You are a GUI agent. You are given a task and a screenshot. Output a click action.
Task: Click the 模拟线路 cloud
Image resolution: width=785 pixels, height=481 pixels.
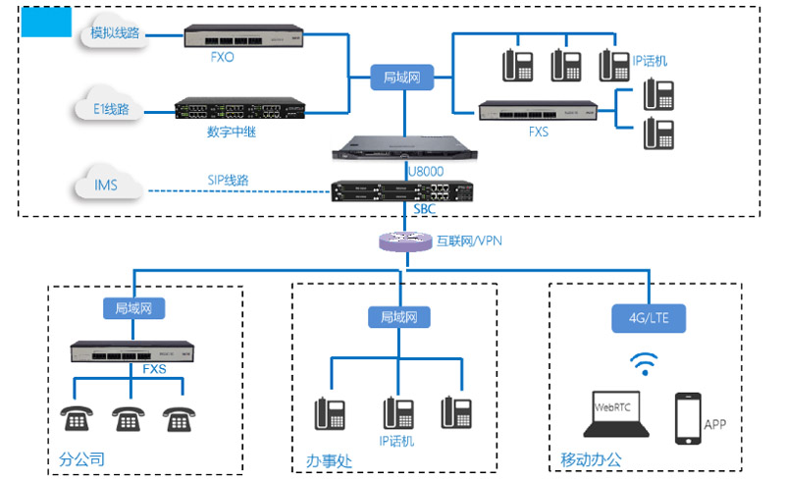tap(114, 34)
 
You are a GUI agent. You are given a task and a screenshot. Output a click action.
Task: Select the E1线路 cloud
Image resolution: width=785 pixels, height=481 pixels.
tap(110, 109)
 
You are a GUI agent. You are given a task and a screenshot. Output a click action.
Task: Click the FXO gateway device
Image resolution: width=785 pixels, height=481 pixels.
tap(232, 36)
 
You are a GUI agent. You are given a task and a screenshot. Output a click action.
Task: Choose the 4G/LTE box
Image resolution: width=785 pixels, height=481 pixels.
tap(650, 318)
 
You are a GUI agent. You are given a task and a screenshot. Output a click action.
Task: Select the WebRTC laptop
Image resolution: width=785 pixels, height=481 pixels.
tap(616, 413)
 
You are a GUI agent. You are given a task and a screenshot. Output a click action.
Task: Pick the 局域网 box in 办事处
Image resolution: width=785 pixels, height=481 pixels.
tap(399, 317)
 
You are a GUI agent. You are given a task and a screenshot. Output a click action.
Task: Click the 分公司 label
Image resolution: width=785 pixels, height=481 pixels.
tap(81, 458)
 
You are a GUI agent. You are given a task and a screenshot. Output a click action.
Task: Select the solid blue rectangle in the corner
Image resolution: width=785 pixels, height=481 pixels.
tap(45, 22)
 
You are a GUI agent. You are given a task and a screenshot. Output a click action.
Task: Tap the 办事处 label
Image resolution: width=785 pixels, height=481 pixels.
tap(328, 459)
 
